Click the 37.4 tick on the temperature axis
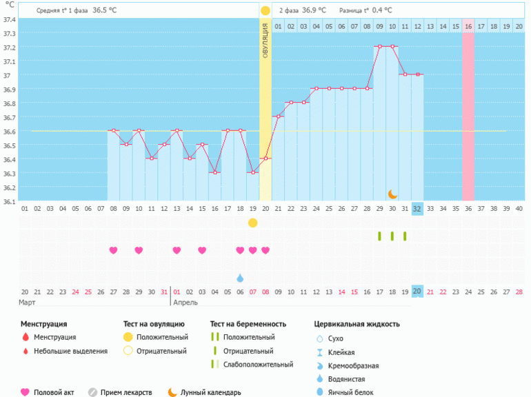tap(8, 19)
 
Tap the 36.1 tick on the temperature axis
tap(8, 201)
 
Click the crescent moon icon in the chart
tap(392, 194)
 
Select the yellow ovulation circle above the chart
tap(265, 10)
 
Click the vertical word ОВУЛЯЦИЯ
tap(265, 43)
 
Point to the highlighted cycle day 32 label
tap(417, 208)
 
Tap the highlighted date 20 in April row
tap(417, 292)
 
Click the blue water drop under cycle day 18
tap(240, 278)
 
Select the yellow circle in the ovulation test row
tap(253, 223)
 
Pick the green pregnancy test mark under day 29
tap(379, 236)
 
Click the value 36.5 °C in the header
tap(105, 10)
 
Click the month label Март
tap(28, 303)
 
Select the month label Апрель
tap(186, 303)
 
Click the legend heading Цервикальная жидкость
tap(357, 324)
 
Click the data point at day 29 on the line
tap(379, 47)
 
